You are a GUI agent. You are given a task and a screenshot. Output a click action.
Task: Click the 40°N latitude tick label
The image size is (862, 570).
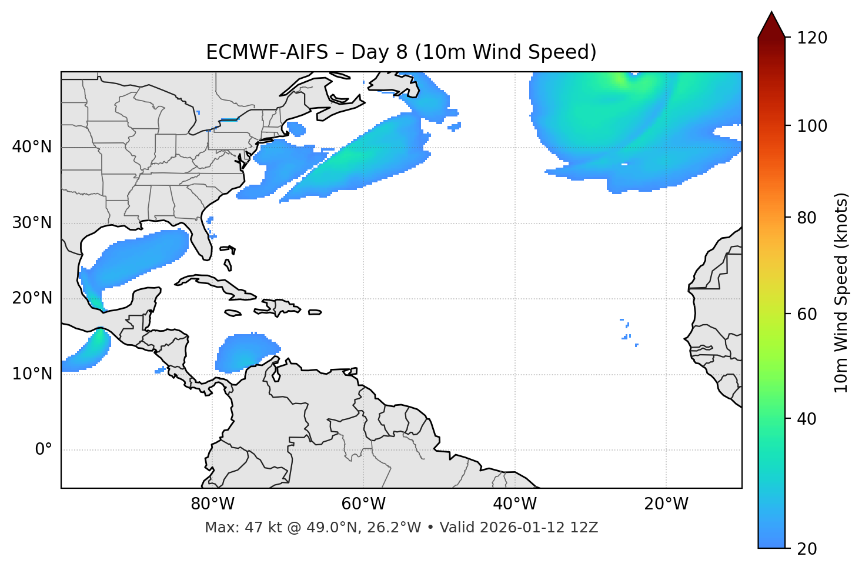coord(32,147)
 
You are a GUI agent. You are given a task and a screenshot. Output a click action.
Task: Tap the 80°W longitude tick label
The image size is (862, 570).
coord(212,504)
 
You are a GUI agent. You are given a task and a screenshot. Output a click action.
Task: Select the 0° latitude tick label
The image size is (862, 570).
coord(44,450)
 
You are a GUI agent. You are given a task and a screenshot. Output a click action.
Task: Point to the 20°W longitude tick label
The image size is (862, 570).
coord(666,504)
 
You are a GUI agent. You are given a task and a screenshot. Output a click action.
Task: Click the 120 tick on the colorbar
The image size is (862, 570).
coord(812,38)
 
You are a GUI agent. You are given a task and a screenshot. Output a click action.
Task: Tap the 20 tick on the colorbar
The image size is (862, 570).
coord(807,548)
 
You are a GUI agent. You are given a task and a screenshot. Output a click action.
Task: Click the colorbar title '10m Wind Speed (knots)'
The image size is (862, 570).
coord(841,293)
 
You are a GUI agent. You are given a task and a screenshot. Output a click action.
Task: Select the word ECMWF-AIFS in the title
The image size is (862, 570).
coord(267,52)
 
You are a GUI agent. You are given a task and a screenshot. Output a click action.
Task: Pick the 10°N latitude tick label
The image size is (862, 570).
coord(32,374)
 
